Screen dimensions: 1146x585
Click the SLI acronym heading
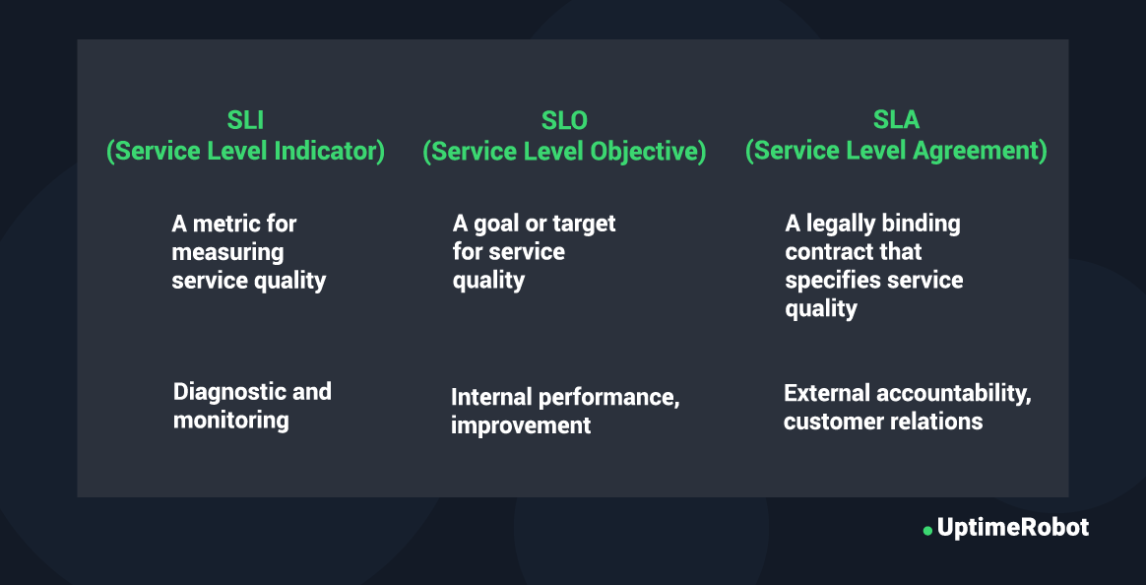click(245, 120)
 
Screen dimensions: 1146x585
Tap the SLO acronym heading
click(564, 120)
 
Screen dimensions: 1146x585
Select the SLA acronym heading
click(896, 120)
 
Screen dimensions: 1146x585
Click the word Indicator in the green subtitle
click(329, 151)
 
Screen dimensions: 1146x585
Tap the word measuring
click(228, 253)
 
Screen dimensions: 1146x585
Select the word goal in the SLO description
click(492, 224)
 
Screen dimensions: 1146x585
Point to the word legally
click(838, 224)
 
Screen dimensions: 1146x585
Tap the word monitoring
click(231, 422)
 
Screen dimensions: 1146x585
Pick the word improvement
click(521, 425)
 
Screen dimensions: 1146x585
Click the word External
click(827, 393)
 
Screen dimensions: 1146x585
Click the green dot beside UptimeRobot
click(927, 530)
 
